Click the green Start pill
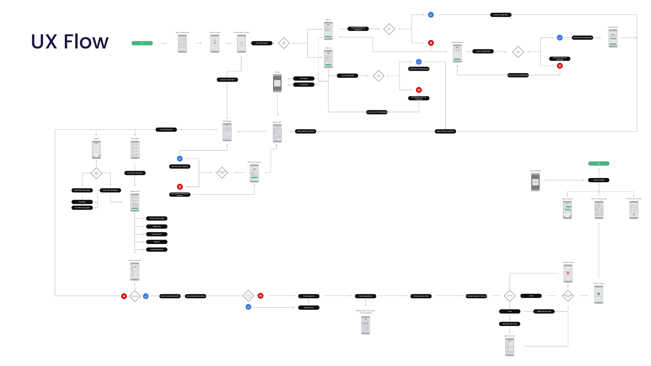142,43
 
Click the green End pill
598,163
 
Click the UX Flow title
70,41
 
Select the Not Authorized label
261,43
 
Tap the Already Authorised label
227,80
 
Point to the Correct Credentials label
500,15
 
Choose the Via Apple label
303,78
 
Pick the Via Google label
303,84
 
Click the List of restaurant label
166,129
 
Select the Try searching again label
82,207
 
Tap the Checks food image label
157,218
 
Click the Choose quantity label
157,249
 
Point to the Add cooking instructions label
195,296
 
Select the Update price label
309,307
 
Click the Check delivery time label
421,296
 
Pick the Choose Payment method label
476,296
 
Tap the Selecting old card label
544,311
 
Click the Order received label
598,180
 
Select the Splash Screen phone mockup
215,44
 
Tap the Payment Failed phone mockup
568,273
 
